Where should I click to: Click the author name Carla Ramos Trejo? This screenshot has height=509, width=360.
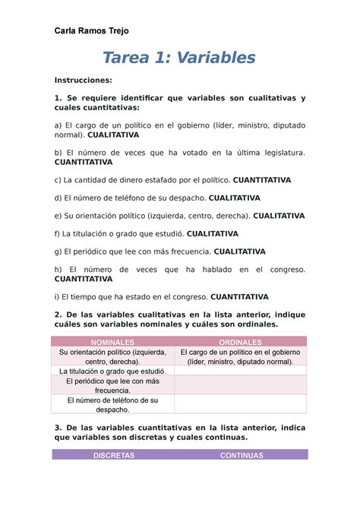[x=91, y=30]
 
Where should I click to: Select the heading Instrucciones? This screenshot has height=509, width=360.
[x=83, y=80]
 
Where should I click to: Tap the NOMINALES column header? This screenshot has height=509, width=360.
[x=112, y=343]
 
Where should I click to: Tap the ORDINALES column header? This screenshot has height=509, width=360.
[x=240, y=343]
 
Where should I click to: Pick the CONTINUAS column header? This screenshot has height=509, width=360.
[x=242, y=456]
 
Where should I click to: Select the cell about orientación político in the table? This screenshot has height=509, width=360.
[x=112, y=357]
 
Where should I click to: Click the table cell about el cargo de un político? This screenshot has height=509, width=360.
[x=240, y=357]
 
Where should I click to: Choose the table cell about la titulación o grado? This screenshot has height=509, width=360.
[x=112, y=371]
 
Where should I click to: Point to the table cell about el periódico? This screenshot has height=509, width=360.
[x=112, y=386]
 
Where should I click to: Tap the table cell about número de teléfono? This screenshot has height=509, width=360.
[x=112, y=405]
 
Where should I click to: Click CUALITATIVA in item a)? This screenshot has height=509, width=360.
[x=113, y=134]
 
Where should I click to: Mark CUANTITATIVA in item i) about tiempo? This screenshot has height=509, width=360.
[x=239, y=297]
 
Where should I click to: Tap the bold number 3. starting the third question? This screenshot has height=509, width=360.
[x=57, y=428]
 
